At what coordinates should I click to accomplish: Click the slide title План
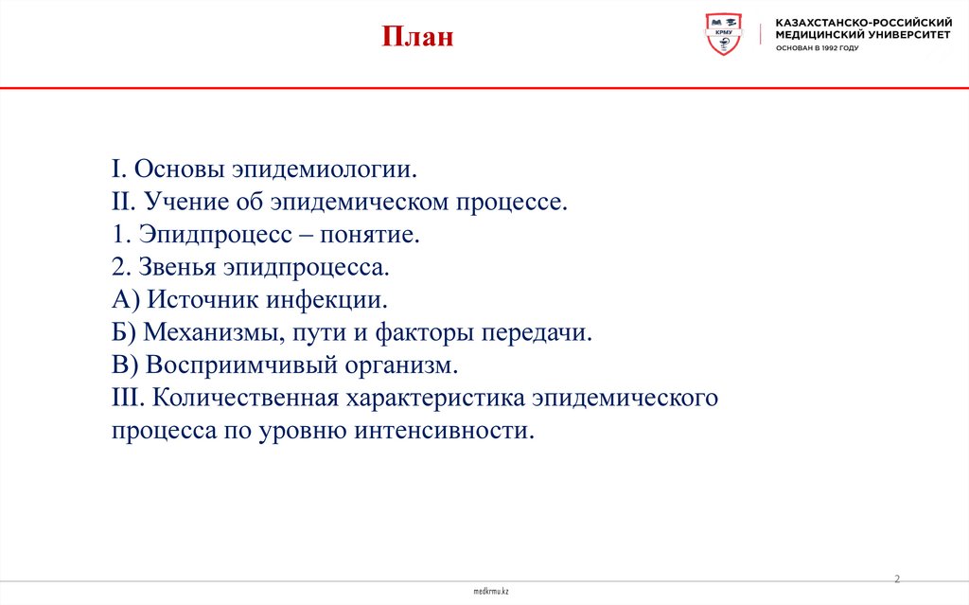click(417, 38)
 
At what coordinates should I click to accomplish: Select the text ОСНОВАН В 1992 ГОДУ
click(817, 47)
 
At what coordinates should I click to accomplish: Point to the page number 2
click(897, 578)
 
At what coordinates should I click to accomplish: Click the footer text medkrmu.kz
click(491, 591)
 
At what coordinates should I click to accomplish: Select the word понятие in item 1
click(375, 236)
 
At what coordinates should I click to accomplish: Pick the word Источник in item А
click(198, 301)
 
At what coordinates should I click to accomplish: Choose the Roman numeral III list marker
click(126, 398)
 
